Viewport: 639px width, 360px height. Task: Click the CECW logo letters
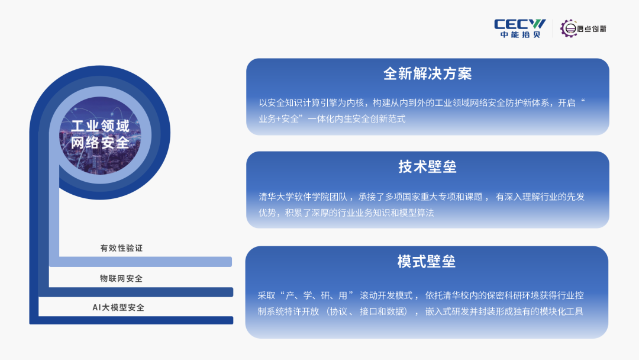click(x=519, y=24)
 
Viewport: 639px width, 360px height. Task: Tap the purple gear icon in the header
click(x=569, y=28)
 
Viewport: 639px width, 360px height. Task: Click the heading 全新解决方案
click(x=428, y=74)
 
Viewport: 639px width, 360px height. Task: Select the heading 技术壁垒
click(x=428, y=167)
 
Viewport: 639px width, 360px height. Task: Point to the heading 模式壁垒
click(x=427, y=261)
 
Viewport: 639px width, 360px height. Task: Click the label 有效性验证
click(x=121, y=248)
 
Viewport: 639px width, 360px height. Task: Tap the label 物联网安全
click(x=121, y=278)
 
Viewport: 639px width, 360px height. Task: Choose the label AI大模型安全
click(x=118, y=307)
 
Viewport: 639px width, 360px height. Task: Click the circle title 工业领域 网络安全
click(x=100, y=134)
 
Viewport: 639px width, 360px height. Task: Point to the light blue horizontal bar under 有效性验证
click(x=141, y=262)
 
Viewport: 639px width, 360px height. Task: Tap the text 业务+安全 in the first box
click(x=279, y=119)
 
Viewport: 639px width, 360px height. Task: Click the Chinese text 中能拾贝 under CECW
click(x=521, y=35)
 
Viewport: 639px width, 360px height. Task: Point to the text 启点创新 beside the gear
click(x=592, y=28)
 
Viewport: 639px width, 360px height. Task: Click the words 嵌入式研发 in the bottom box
click(x=447, y=312)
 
